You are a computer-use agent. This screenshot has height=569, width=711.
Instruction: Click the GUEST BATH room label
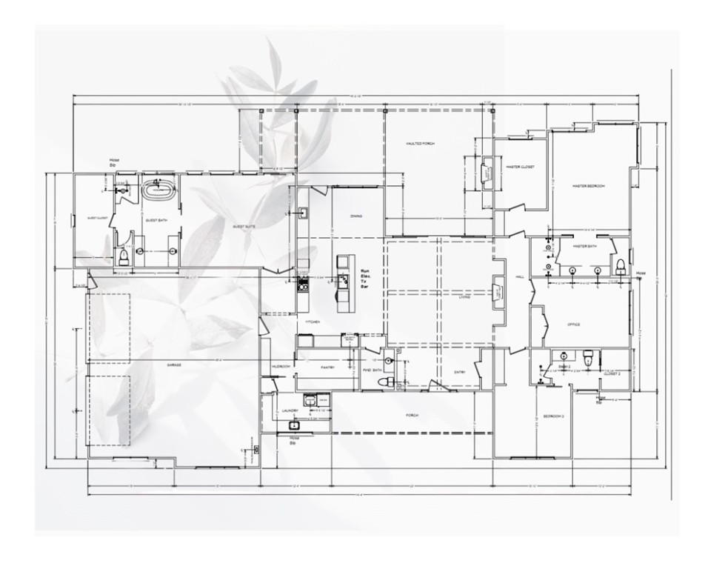(x=155, y=220)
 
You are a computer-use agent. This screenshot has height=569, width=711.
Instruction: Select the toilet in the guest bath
(x=124, y=256)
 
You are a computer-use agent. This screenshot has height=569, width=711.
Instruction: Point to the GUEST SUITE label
(x=244, y=227)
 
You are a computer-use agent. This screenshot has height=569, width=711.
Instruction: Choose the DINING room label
(x=356, y=216)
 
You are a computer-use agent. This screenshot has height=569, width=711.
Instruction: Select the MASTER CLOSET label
(x=521, y=167)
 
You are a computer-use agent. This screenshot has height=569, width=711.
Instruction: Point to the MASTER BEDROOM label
(x=589, y=186)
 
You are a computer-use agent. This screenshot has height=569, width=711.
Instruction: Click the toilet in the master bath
(x=621, y=265)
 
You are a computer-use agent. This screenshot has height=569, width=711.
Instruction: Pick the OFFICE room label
(x=573, y=325)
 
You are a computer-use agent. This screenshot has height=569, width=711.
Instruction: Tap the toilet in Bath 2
(x=588, y=359)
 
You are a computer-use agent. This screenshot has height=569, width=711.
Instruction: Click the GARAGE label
(x=174, y=365)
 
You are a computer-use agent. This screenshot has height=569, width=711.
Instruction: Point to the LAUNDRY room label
(x=290, y=410)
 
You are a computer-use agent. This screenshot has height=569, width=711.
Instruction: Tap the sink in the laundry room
(x=295, y=425)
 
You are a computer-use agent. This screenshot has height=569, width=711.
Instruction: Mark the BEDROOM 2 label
(x=554, y=417)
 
